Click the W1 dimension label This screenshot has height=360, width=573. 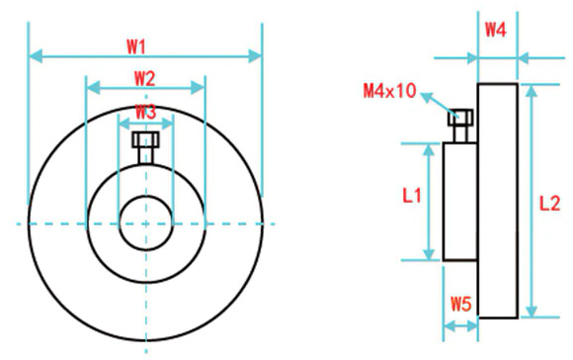(x=136, y=46)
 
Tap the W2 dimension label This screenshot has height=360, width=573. (x=144, y=79)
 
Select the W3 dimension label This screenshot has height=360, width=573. (x=146, y=112)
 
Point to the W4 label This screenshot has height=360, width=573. (x=496, y=30)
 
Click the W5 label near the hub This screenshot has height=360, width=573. (x=460, y=304)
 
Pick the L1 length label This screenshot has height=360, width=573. (x=412, y=196)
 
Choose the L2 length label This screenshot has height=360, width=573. (x=549, y=204)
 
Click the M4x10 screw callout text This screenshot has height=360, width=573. (x=389, y=91)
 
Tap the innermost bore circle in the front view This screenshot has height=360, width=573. (x=120, y=224)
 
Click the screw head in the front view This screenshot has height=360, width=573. (x=146, y=139)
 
